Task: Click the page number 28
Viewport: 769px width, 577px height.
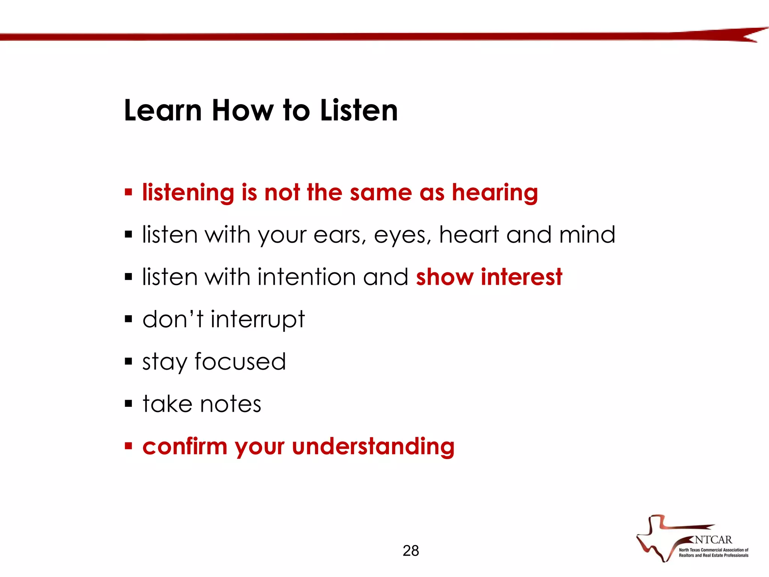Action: coord(410,551)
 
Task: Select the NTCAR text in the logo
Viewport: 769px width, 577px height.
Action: coord(713,540)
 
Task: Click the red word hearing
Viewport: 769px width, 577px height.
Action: coord(495,193)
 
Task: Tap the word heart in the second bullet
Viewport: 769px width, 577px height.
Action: coord(469,235)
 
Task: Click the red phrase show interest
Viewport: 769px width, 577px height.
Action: coord(489,277)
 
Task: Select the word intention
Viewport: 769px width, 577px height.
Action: coord(306,277)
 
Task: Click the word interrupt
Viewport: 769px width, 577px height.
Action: coord(258,320)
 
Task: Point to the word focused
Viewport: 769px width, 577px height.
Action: coord(240,362)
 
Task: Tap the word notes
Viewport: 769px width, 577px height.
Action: coord(231,404)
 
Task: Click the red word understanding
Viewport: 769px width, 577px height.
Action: coord(373,447)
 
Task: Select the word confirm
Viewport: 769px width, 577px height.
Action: coord(185,447)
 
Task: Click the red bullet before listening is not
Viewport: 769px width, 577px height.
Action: coord(129,193)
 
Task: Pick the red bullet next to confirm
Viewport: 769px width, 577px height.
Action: coord(129,446)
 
